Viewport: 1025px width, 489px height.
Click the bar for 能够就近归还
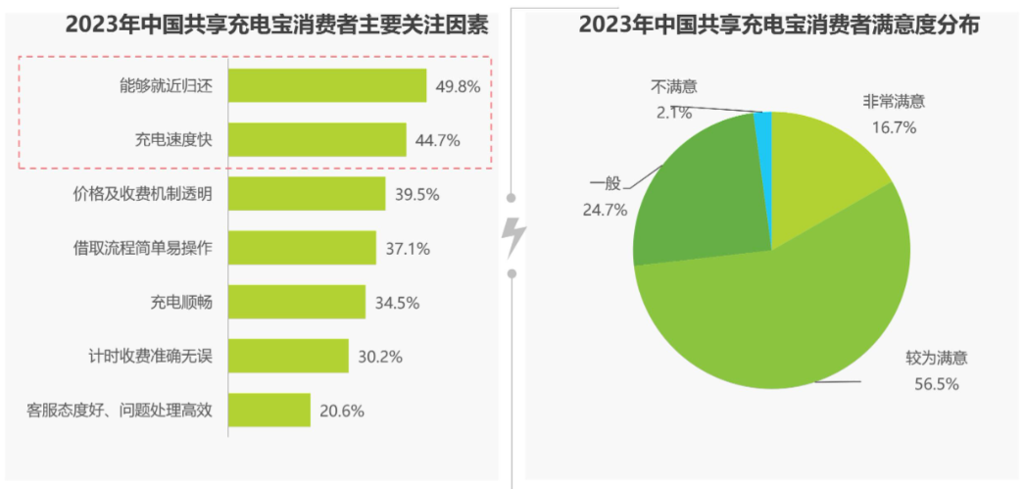[327, 86]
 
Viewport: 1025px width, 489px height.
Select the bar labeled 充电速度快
[317, 139]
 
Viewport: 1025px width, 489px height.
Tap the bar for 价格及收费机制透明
[307, 193]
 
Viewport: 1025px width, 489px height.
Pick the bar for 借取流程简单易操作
[302, 248]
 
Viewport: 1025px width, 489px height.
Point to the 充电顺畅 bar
[297, 302]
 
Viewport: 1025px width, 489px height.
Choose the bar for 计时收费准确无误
[288, 356]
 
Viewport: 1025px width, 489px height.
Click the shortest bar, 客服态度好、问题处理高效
[269, 410]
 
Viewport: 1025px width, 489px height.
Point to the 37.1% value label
[408, 249]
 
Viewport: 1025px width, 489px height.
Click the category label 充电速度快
[173, 140]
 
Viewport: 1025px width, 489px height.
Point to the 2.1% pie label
[674, 113]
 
